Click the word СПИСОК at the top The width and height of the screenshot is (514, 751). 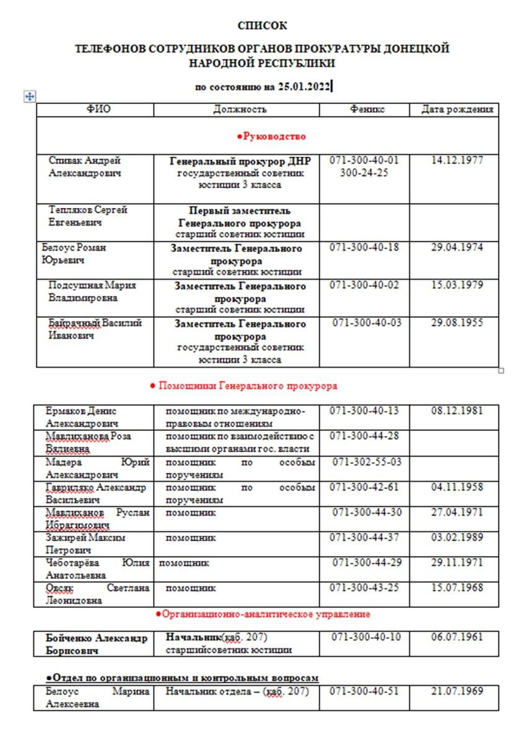coord(263,25)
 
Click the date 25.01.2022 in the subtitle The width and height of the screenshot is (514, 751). coord(304,87)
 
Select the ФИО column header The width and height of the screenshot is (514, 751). coord(98,110)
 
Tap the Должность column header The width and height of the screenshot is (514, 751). coord(240,110)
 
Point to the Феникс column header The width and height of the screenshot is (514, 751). coord(367,110)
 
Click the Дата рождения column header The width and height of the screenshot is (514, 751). coord(457,110)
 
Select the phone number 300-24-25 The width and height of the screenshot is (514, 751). coord(364,173)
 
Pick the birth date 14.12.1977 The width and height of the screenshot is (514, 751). coord(457,160)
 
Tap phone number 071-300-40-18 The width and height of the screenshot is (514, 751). coord(364,248)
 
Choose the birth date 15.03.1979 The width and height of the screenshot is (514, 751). coord(457,285)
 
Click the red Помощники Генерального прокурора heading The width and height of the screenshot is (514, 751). coord(244,386)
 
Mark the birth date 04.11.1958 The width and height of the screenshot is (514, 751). coord(457,487)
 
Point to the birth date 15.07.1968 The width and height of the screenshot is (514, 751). coord(457,588)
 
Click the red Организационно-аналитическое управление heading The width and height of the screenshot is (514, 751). coord(263,614)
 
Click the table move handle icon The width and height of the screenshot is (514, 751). coord(29,96)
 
